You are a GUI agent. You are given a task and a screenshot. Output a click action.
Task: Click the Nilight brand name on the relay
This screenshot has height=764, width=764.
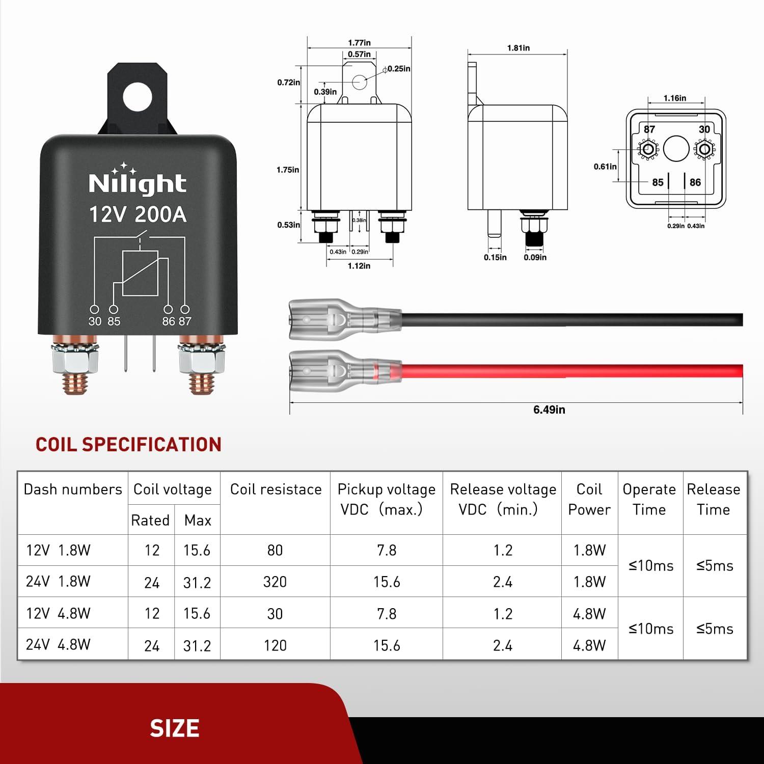(138, 183)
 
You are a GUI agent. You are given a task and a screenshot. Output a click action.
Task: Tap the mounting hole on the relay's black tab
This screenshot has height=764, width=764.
(138, 97)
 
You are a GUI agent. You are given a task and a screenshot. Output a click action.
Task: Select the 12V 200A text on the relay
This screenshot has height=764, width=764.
(138, 214)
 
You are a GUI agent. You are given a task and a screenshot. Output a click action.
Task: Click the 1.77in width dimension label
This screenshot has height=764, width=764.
(359, 43)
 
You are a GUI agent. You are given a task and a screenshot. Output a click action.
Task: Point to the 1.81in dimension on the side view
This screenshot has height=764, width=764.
(518, 48)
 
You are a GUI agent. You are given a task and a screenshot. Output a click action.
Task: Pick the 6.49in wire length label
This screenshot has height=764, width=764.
(549, 410)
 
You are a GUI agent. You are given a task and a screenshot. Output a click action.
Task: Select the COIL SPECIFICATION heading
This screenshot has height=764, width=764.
(128, 445)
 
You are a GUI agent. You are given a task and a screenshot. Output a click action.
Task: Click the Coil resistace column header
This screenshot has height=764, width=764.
(276, 489)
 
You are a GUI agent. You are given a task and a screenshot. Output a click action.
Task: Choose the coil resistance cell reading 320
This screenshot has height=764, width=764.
(275, 582)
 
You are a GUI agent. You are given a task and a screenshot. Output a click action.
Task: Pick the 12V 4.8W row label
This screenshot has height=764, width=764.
(58, 613)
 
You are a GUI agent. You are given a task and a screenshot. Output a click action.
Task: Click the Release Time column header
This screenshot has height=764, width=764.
(714, 499)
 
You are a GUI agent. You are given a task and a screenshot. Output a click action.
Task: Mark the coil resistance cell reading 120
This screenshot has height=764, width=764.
(275, 645)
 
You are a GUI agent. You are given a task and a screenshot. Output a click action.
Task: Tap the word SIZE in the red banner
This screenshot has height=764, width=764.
(174, 728)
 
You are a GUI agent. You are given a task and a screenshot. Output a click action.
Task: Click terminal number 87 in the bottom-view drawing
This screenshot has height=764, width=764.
(649, 129)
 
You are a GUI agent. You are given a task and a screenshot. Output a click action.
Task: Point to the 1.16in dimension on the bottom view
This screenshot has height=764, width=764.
(674, 98)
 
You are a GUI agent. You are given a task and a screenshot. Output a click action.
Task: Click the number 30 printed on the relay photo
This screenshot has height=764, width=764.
(95, 321)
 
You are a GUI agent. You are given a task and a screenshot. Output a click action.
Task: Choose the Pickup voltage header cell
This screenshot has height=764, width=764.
(386, 499)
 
